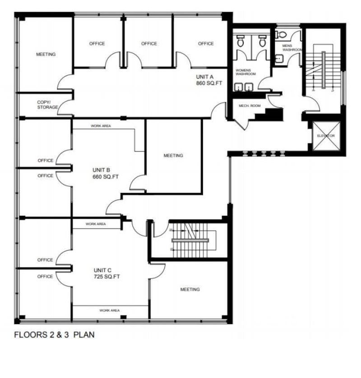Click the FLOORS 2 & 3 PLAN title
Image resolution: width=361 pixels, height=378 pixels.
[54, 335]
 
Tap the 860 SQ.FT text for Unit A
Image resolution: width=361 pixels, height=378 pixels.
[208, 83]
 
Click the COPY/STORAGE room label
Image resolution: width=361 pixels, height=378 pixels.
[47, 105]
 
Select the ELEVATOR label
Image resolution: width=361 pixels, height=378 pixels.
[325, 136]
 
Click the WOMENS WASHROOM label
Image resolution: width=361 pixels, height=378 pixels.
[246, 72]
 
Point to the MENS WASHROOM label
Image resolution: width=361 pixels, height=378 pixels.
[292, 48]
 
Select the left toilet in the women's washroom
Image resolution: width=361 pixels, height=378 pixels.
[241, 41]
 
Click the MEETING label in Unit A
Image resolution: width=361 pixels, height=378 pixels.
[46, 55]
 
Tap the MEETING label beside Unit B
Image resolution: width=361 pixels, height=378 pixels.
[173, 156]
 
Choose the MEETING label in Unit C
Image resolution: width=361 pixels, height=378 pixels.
[190, 290]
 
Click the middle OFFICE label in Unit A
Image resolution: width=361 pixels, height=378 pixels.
[149, 44]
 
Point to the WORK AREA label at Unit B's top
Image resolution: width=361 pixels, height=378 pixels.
[101, 126]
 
